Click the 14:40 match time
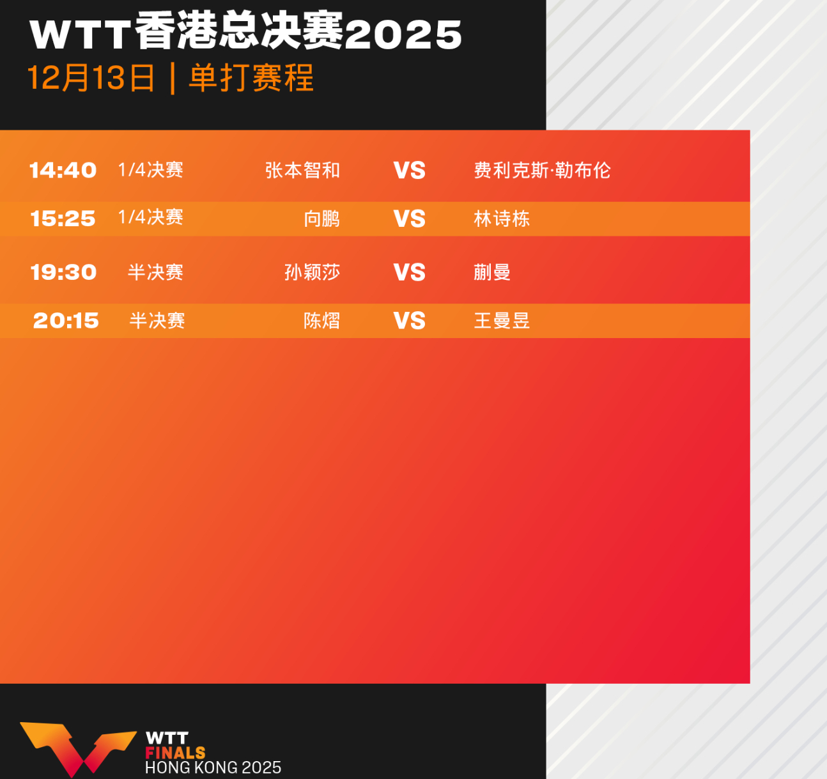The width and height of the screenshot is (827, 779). click(63, 170)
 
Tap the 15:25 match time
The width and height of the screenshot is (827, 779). click(63, 219)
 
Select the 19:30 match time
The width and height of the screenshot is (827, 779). click(63, 272)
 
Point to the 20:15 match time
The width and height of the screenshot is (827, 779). click(66, 320)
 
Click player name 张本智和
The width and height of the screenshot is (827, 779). click(302, 170)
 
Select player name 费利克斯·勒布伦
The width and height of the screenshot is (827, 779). click(542, 170)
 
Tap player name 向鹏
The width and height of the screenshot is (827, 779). click(321, 219)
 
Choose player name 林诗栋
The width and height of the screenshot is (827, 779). click(502, 219)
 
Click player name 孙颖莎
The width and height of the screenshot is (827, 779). click(312, 272)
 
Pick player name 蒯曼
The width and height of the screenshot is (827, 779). click(492, 272)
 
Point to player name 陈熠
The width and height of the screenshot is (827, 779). click(321, 320)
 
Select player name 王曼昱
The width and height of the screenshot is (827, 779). click(502, 320)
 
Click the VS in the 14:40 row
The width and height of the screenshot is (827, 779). click(409, 171)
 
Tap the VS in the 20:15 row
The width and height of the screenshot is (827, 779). click(409, 321)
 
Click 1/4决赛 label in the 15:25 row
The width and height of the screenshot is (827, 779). click(151, 217)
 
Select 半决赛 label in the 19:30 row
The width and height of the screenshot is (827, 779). click(155, 272)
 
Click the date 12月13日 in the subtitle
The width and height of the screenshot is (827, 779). click(91, 78)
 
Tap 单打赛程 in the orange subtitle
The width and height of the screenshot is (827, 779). click(251, 78)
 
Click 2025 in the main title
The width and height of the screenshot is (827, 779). click(403, 35)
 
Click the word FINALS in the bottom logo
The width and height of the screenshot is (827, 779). click(175, 753)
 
